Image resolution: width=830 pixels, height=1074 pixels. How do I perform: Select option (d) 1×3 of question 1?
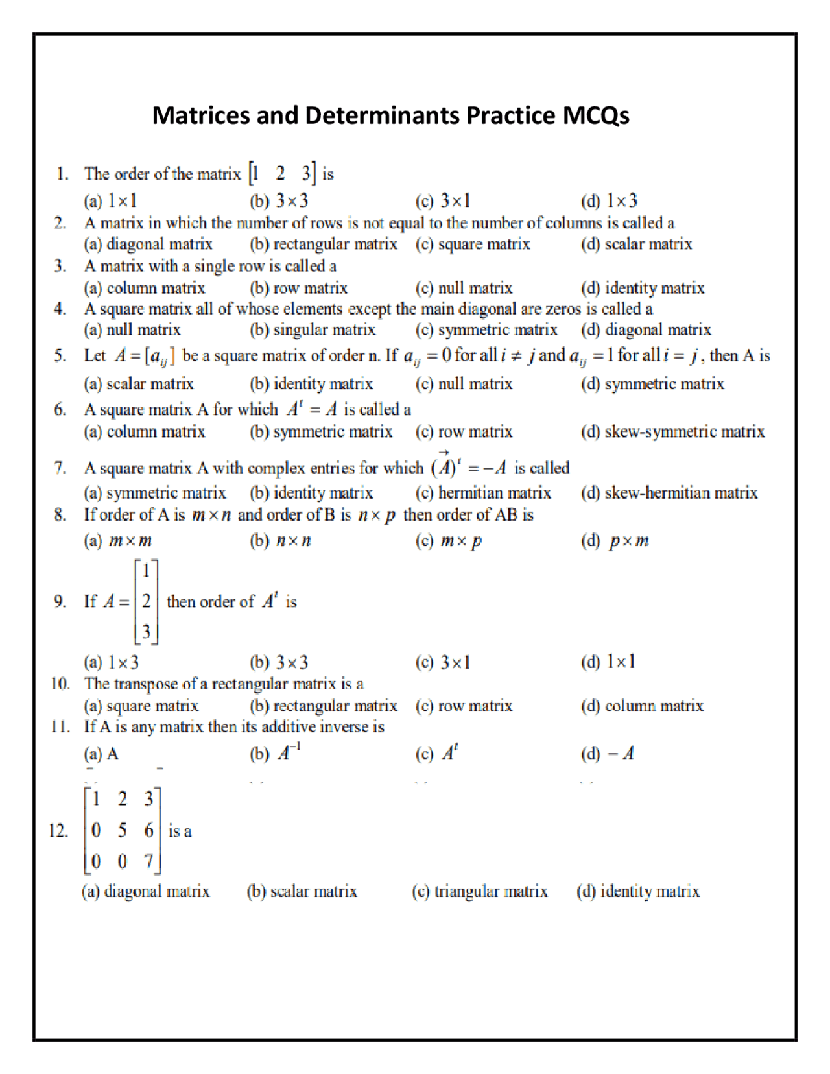pos(610,201)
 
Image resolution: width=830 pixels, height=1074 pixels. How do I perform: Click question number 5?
pos(60,355)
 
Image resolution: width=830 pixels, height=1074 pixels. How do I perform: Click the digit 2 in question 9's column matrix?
pos(147,601)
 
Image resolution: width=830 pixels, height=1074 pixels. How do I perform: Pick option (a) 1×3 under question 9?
pos(112,662)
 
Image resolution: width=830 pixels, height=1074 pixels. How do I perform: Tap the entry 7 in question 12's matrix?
pos(148,861)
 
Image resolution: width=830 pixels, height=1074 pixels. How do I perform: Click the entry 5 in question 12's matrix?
pos(123,830)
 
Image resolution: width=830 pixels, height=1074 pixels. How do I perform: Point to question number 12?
pos(58,831)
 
